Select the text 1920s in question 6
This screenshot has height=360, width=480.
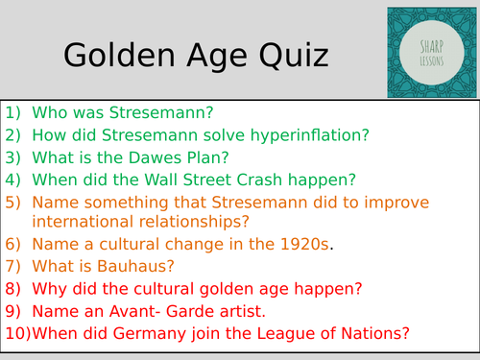(306, 245)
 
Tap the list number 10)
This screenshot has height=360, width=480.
(16, 333)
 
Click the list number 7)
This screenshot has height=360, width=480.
(12, 267)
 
